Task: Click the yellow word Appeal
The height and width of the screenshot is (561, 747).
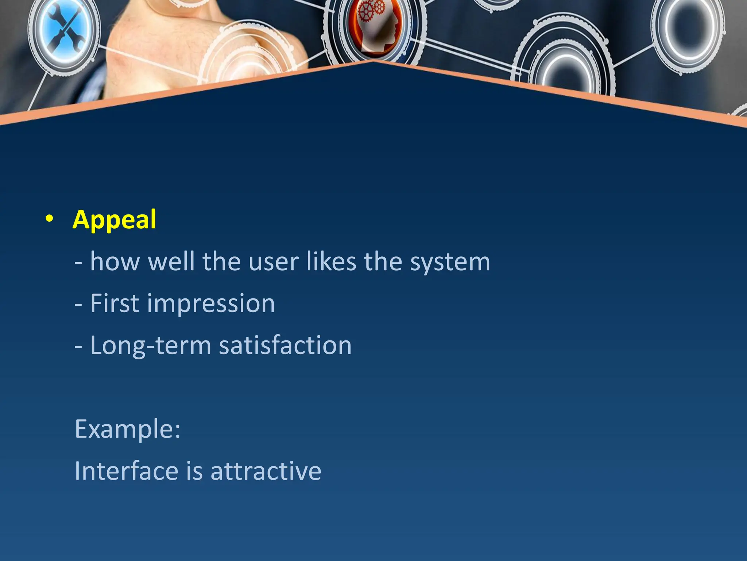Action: [x=115, y=220]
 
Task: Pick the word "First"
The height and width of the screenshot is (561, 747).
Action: [x=115, y=304]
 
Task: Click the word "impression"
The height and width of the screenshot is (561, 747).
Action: [x=211, y=304]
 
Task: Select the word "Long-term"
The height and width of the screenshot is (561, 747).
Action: [x=150, y=346]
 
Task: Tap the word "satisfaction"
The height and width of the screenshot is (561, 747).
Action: [x=285, y=345]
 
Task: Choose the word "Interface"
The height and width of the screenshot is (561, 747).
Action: [x=126, y=471]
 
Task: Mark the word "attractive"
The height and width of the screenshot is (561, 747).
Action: [x=266, y=471]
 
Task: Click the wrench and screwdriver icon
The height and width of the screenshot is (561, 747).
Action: [x=65, y=30]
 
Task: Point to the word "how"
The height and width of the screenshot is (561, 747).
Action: [x=115, y=262]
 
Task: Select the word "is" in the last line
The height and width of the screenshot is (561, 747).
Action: [x=194, y=471]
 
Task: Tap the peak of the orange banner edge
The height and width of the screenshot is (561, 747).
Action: [x=373, y=62]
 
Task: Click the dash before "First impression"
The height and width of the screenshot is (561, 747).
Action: [x=78, y=304]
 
